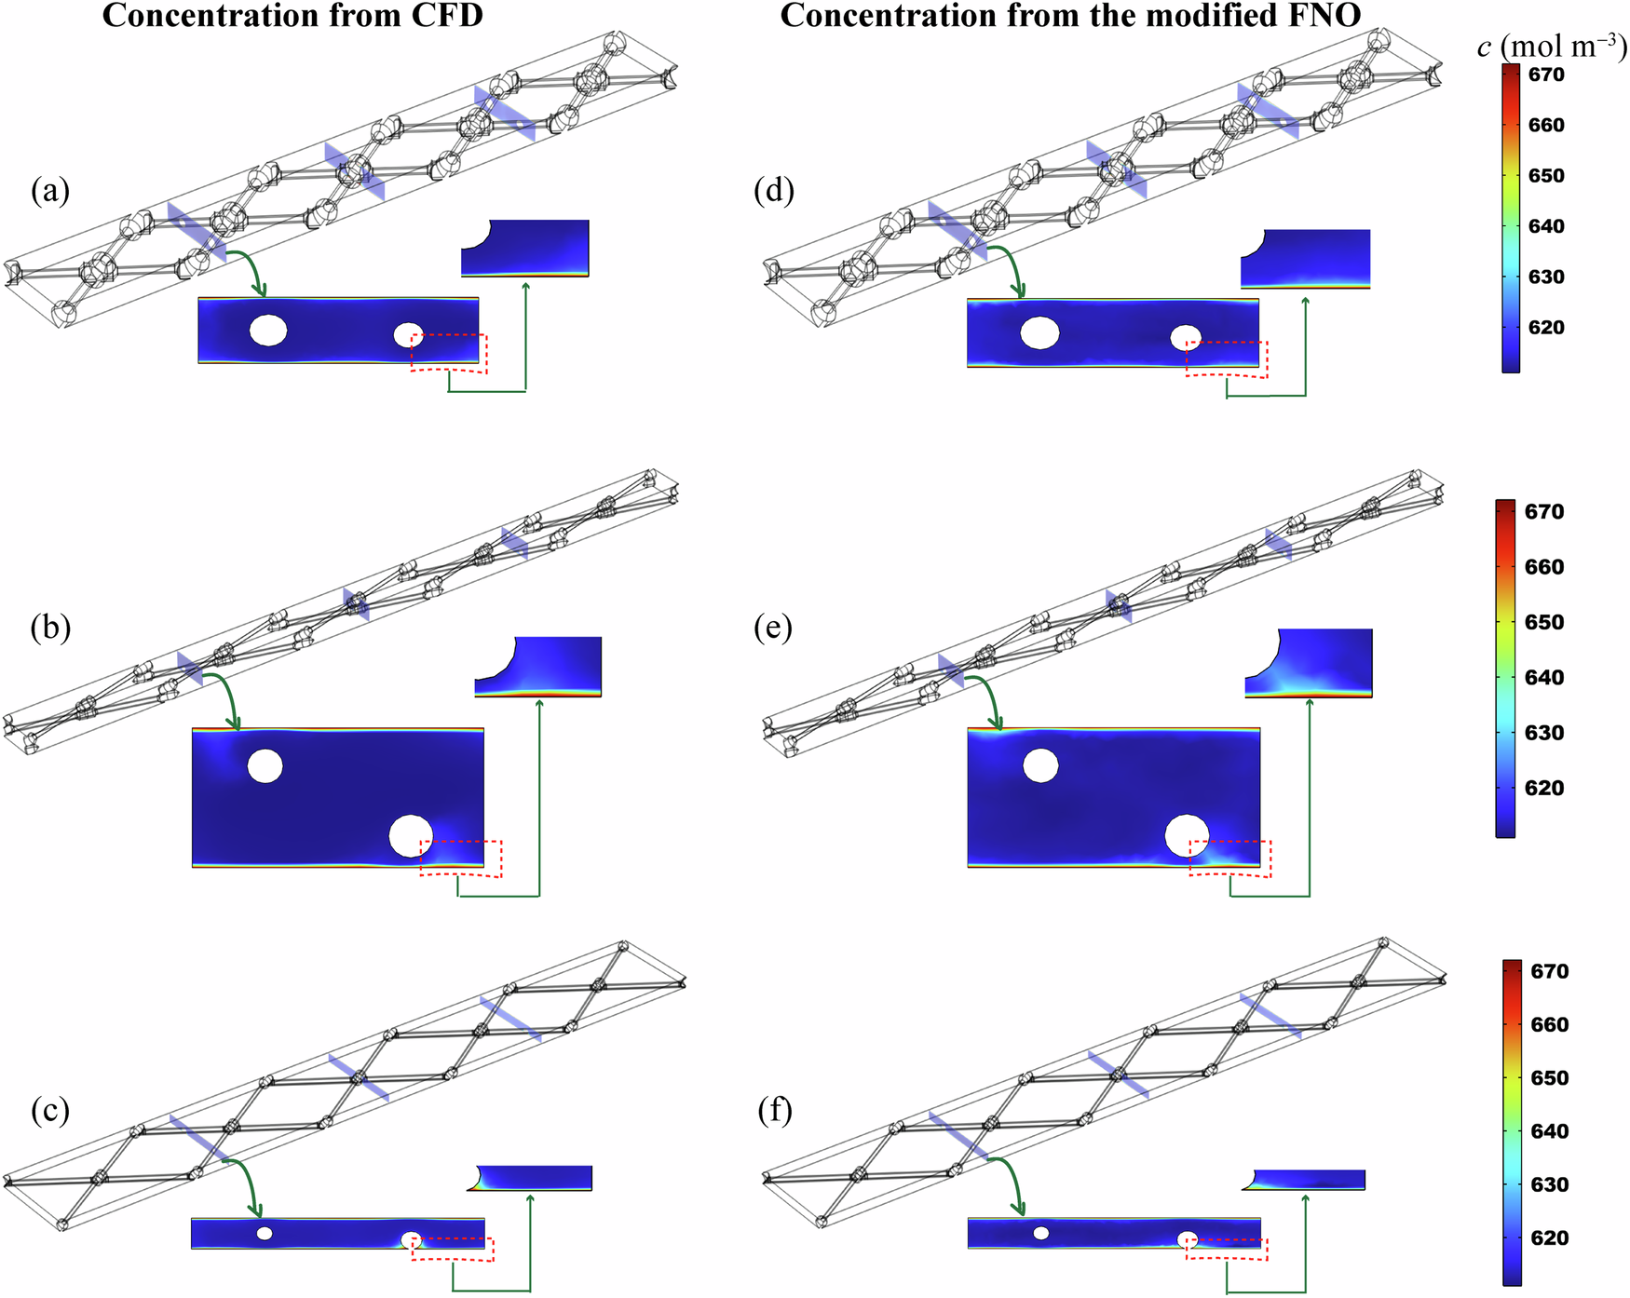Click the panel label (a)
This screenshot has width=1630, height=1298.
click(49, 191)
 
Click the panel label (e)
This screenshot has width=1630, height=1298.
click(773, 629)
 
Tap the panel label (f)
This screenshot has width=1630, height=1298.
click(773, 1110)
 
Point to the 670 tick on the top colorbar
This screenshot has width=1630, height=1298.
click(1546, 75)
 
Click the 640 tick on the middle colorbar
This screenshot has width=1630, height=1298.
click(1543, 678)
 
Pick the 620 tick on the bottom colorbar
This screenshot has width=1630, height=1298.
click(1549, 1238)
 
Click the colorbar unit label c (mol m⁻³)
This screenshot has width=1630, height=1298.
click(1551, 47)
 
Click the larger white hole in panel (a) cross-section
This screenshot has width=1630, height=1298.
click(268, 331)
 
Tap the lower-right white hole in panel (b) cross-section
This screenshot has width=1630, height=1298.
click(411, 835)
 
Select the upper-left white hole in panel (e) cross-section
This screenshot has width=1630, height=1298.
click(1040, 765)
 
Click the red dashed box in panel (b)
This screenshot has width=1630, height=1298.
click(461, 858)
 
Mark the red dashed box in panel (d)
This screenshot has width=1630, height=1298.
click(1227, 358)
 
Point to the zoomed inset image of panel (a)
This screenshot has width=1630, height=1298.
click(525, 248)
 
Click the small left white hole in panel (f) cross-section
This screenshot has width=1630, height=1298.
click(1041, 1233)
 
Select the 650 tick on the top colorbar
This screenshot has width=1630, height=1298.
click(1546, 176)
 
